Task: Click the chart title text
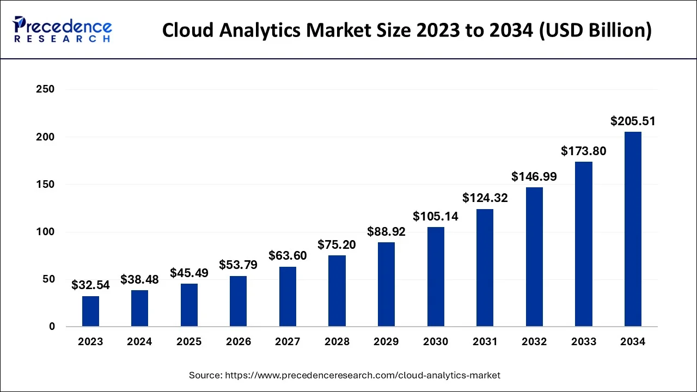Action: point(407,30)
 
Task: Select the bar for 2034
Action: point(633,229)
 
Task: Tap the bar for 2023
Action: point(90,311)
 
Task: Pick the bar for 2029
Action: point(386,284)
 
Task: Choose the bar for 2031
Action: point(485,268)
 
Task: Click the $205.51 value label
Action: point(633,121)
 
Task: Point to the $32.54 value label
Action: point(90,285)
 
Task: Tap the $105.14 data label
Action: point(436,217)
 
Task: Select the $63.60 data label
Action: point(288,256)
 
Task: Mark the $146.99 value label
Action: point(534,177)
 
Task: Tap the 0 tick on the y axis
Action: point(52,327)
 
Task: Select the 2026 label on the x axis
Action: point(239,342)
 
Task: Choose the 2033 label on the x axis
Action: point(583,342)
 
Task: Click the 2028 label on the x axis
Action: point(337,342)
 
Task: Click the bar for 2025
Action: point(189,305)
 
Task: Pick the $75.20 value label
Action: point(337,245)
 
